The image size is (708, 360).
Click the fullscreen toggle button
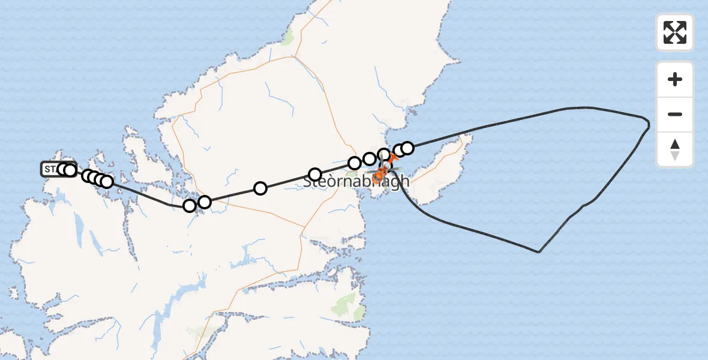pyautogui.click(x=675, y=32)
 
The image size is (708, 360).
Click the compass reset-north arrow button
pyautogui.click(x=675, y=149)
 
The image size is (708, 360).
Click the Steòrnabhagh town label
pyautogui.click(x=356, y=181)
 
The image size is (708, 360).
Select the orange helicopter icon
pyautogui.click(x=379, y=175)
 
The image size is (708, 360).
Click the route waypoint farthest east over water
pyautogui.click(x=407, y=148)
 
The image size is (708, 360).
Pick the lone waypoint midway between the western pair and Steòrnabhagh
pyautogui.click(x=260, y=188)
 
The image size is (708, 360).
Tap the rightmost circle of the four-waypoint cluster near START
pyautogui.click(x=107, y=181)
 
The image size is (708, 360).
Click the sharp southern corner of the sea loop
pyautogui.click(x=539, y=252)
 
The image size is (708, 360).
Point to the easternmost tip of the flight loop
pyautogui.click(x=649, y=125)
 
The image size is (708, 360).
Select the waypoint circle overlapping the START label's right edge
pyautogui.click(x=70, y=170)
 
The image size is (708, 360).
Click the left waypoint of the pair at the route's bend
pyautogui.click(x=190, y=206)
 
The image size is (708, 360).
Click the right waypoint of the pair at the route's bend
pyautogui.click(x=205, y=202)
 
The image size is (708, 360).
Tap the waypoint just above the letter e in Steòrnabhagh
pyautogui.click(x=315, y=175)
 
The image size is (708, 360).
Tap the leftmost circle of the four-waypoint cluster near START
pyautogui.click(x=88, y=176)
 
